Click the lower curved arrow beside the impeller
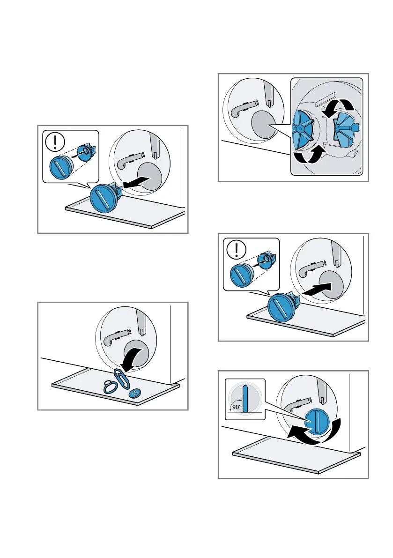click(x=309, y=156)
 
